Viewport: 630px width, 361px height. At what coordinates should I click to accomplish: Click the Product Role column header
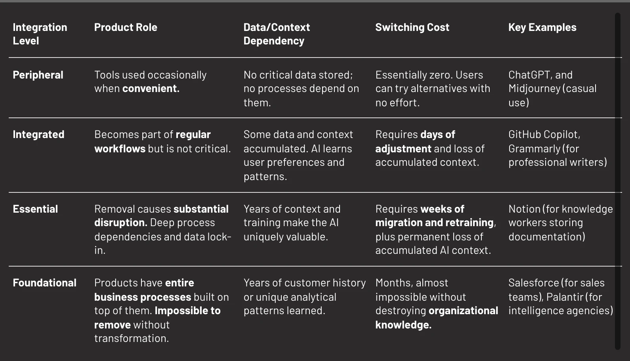[x=126, y=27]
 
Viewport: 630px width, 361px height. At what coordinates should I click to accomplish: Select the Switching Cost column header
[x=412, y=27]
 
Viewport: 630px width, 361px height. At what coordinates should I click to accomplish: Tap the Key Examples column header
[x=542, y=28]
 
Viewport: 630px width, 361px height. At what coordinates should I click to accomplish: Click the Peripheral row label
[x=38, y=75]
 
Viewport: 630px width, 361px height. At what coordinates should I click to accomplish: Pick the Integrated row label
[x=38, y=134]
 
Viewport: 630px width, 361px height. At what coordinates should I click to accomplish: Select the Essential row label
[x=35, y=209]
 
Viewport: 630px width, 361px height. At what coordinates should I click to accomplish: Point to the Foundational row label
[x=45, y=283]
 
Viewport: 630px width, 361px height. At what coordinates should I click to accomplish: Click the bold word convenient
[x=151, y=88]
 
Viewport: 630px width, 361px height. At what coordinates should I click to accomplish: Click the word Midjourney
[x=535, y=89]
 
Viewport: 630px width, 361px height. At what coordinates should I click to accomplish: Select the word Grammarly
[x=535, y=149]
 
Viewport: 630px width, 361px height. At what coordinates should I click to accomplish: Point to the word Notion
[x=524, y=209]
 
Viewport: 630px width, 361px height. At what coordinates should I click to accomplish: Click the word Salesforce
[x=533, y=283]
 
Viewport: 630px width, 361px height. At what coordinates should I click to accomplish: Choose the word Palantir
[x=565, y=297]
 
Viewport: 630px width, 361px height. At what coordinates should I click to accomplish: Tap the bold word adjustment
[x=403, y=149]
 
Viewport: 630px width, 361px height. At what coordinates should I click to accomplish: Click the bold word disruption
[x=121, y=223]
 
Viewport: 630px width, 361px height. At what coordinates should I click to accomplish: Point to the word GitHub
[x=525, y=134]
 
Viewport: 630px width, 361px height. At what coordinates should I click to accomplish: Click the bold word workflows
[x=120, y=149]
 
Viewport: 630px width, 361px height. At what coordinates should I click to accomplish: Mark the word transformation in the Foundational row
[x=132, y=338]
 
